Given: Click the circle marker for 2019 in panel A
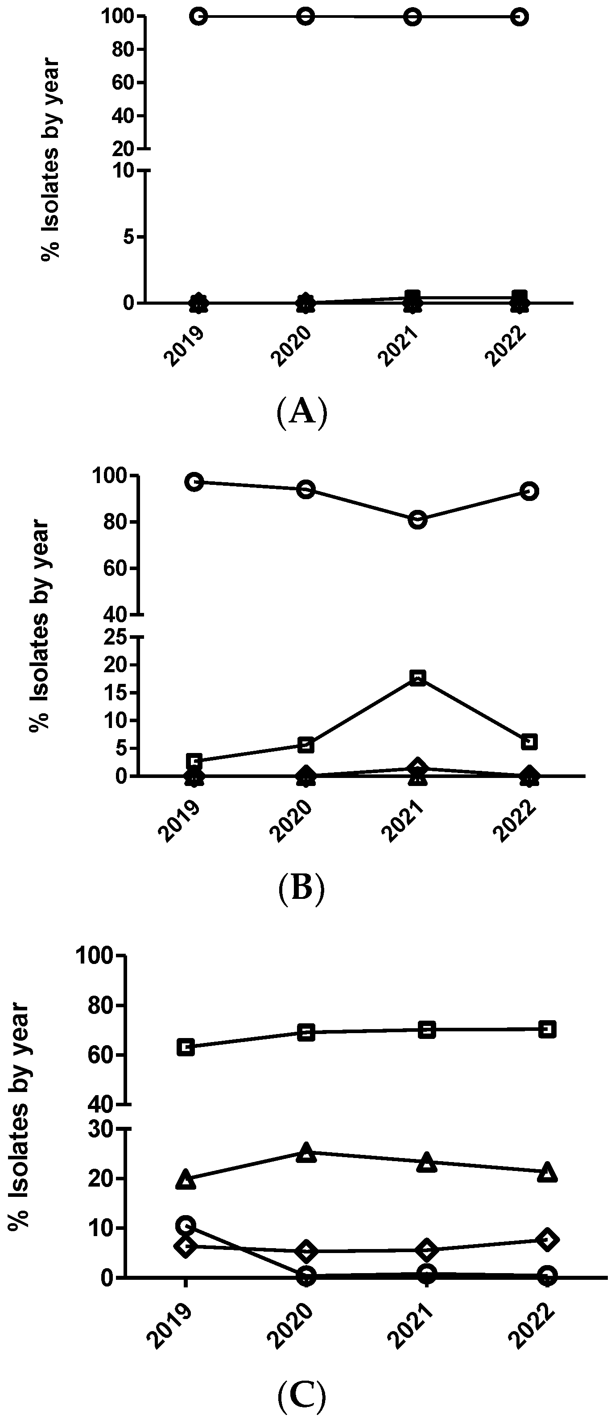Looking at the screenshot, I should pos(199,17).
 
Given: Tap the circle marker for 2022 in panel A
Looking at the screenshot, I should pos(518,17).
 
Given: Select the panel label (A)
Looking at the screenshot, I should pos(301,412).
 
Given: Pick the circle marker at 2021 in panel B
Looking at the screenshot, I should pos(418,520).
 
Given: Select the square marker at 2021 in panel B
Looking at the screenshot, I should pos(418,678).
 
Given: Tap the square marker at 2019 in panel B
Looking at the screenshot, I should pos(194,761).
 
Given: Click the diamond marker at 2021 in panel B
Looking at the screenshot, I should pos(418,767).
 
